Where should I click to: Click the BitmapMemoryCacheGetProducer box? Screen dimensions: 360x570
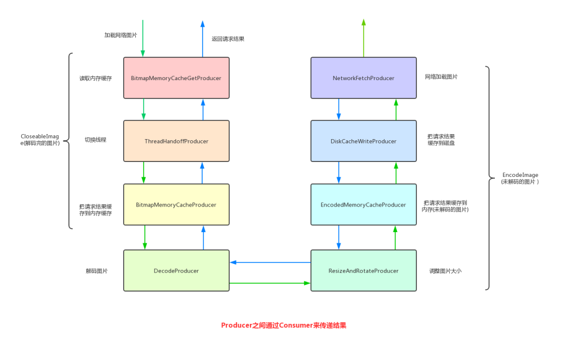coord(176,78)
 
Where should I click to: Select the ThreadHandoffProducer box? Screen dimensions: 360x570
coord(176,141)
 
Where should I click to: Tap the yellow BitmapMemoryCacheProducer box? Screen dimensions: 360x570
coord(176,205)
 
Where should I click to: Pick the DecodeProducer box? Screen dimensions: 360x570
coord(176,270)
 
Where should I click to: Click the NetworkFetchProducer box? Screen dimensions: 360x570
coord(363,78)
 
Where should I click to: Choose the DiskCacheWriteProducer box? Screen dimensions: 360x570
coord(363,141)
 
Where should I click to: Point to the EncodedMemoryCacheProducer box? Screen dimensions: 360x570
coord(363,205)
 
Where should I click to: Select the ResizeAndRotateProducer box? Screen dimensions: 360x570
coord(363,270)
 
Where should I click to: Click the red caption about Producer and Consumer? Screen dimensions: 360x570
coord(283,326)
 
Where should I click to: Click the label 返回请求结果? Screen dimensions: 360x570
coord(228,39)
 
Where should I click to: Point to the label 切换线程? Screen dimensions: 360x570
coord(95,140)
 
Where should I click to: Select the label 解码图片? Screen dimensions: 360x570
coord(96,271)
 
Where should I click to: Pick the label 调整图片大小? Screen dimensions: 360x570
coord(445,271)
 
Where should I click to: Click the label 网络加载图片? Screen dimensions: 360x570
coord(441,77)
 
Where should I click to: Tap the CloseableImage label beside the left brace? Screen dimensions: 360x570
coord(40,140)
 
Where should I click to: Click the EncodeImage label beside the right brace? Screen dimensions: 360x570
coord(520,178)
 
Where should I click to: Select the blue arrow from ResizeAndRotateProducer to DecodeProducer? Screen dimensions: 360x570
coord(270,262)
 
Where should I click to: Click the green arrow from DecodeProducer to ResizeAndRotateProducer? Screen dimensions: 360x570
coord(270,283)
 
